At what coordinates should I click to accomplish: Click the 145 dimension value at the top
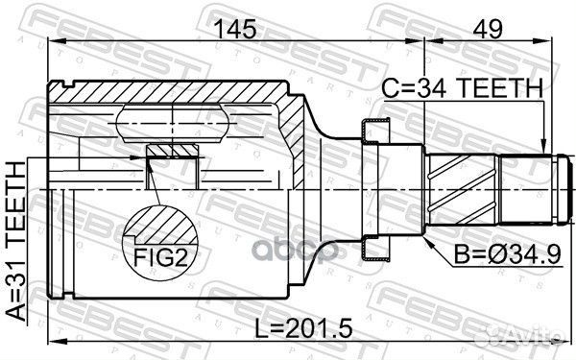[x=235, y=30]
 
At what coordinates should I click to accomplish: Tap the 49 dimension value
[x=492, y=30]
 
